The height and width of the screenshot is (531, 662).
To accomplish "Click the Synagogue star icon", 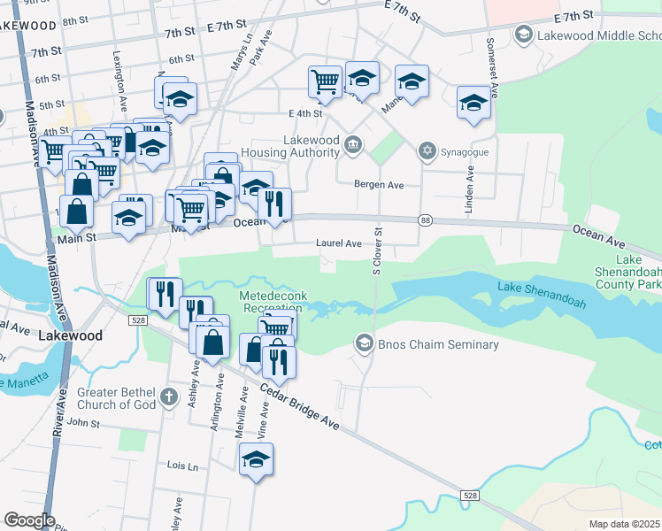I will click(x=428, y=151).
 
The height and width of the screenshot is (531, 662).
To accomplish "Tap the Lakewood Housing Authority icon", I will click(x=353, y=144).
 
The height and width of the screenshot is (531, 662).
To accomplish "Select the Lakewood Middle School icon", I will click(x=523, y=35).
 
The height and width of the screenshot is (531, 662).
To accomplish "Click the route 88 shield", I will click(x=427, y=220).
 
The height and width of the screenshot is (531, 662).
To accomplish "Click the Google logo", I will click(x=30, y=520).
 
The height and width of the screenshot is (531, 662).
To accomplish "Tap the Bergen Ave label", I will click(x=379, y=185).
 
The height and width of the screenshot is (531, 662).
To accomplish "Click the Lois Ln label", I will click(x=182, y=465).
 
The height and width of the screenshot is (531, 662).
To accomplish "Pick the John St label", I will click(x=84, y=423).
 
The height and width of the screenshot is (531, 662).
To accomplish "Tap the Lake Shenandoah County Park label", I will click(x=628, y=273).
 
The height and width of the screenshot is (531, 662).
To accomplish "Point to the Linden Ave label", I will click(x=470, y=192).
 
